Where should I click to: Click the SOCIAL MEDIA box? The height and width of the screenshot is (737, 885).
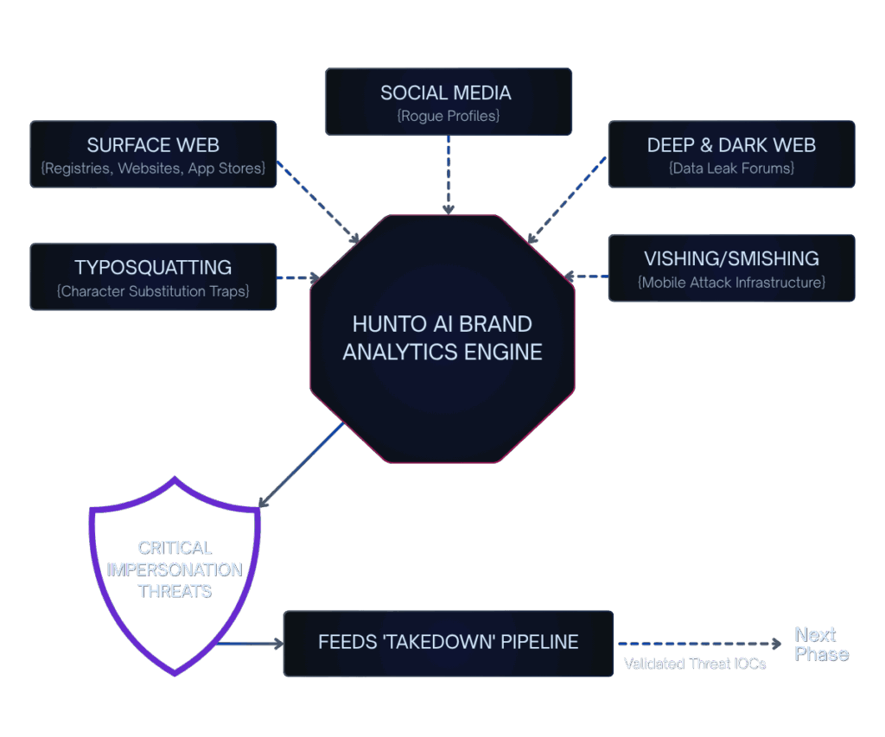point(448,102)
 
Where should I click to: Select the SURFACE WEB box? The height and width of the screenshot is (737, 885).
point(153,154)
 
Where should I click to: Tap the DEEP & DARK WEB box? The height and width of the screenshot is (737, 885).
point(731,154)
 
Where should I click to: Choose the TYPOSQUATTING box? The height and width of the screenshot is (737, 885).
point(153,276)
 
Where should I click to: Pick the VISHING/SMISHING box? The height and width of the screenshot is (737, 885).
point(731,268)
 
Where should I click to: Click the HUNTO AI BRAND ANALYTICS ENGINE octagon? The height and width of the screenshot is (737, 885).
point(442,338)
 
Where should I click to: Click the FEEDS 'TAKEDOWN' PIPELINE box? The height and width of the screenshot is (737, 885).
point(448,643)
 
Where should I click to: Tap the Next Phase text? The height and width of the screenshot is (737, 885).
point(821,645)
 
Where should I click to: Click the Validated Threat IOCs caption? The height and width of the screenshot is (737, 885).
point(695,664)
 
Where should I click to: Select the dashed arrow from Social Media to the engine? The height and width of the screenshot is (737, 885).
point(448,174)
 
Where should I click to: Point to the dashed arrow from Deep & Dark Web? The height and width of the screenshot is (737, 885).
point(568,200)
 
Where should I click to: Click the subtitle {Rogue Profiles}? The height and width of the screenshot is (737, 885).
point(448,115)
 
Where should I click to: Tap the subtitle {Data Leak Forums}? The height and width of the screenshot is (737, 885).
point(731,168)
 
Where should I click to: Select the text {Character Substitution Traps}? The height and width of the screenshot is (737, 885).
point(153,291)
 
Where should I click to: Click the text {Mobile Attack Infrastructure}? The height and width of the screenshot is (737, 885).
point(731,283)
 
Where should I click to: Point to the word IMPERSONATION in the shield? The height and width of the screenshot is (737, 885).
point(175,569)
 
